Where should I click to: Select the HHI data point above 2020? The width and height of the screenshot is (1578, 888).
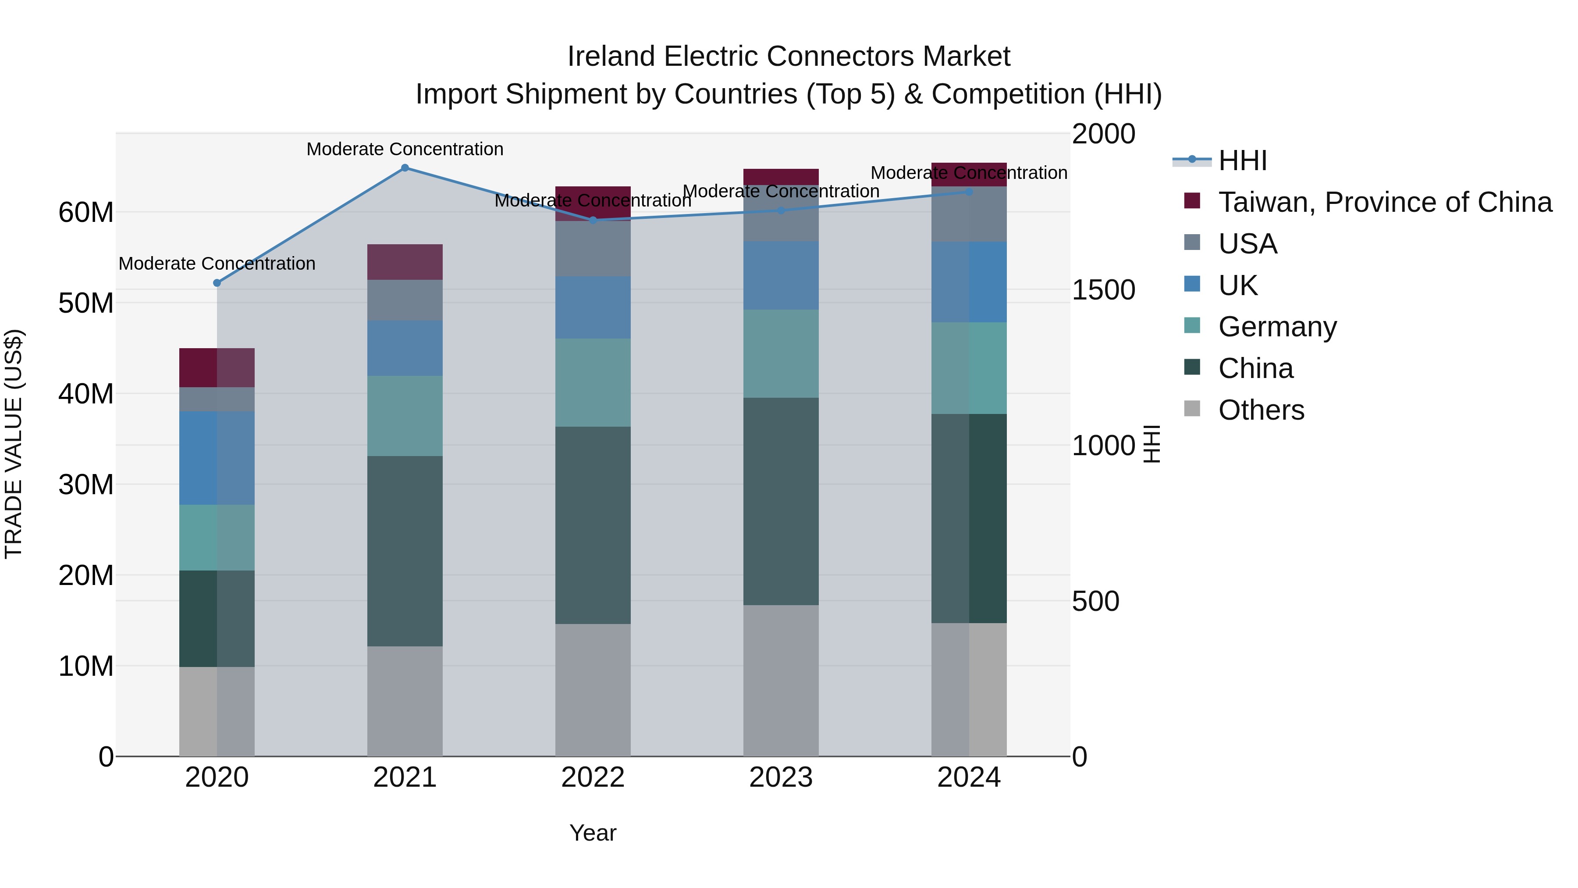217,283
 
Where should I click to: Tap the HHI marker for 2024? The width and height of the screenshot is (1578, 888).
968,192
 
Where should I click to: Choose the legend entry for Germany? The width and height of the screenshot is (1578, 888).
1277,327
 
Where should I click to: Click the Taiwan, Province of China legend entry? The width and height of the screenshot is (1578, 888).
1384,202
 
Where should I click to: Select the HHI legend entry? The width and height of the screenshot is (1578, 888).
1242,160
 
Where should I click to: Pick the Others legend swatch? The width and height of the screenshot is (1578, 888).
1192,409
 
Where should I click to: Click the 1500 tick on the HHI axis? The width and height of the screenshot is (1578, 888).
1103,290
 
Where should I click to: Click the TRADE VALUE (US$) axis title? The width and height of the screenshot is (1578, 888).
14,444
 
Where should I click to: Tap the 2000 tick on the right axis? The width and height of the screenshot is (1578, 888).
1103,134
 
